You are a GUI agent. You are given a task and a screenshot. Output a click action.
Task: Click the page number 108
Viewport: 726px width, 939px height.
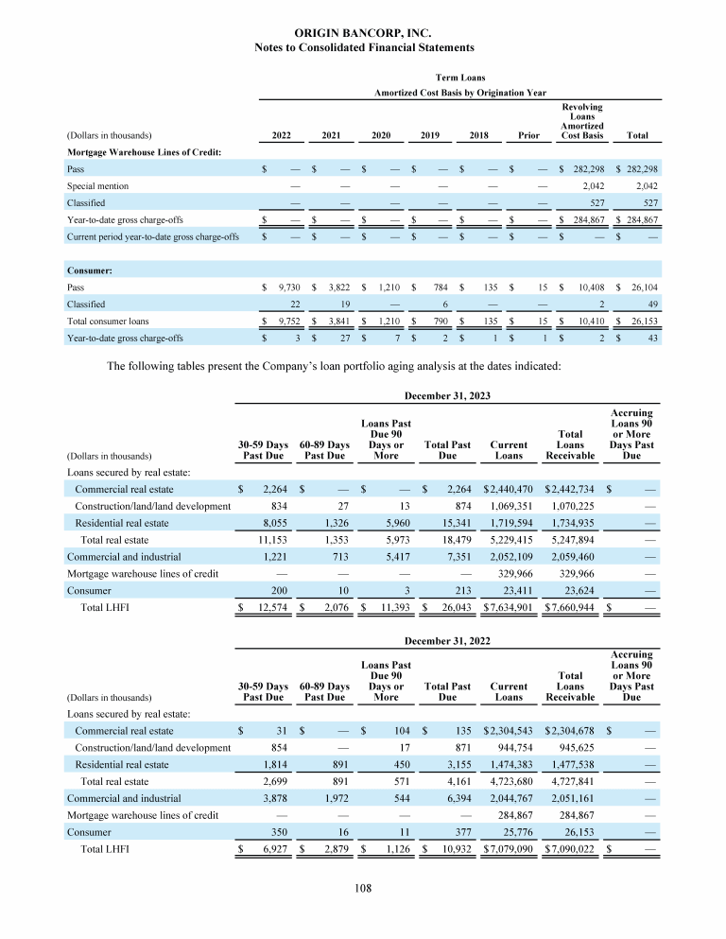pos(364,888)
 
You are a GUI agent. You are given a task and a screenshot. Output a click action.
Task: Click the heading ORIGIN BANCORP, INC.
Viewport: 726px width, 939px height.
pos(364,33)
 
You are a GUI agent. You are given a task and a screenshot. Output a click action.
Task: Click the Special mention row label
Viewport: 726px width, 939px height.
pos(97,186)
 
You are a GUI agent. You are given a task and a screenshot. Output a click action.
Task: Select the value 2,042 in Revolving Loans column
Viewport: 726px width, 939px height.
pos(589,186)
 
